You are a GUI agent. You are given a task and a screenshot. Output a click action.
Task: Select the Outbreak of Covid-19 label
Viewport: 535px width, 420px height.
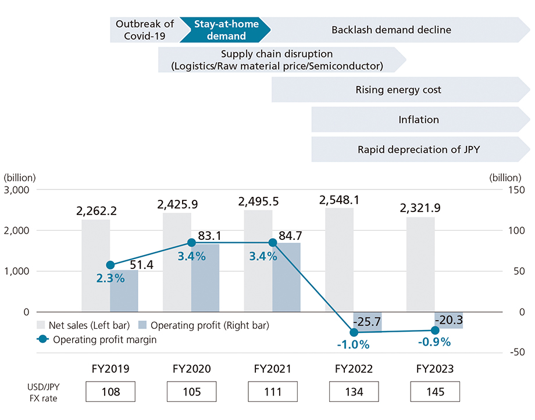144,30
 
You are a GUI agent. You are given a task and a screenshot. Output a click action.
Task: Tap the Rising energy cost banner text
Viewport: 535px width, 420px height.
398,90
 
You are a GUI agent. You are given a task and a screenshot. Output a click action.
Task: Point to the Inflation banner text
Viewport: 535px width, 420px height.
418,120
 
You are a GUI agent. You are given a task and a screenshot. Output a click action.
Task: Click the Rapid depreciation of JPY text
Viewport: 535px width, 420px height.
418,150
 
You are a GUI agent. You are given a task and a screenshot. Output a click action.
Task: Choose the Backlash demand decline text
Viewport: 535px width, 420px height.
391,30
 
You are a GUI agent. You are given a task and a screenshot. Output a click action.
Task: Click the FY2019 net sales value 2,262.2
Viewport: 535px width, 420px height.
96,211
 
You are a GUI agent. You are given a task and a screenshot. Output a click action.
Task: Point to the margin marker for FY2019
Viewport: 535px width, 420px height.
110,265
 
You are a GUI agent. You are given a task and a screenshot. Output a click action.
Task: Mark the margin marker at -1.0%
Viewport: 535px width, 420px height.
354,332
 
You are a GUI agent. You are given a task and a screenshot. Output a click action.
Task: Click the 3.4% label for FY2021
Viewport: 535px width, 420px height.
262,256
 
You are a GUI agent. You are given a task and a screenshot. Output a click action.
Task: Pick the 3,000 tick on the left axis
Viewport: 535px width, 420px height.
19,190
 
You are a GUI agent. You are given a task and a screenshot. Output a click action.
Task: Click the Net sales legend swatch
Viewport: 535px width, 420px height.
41,325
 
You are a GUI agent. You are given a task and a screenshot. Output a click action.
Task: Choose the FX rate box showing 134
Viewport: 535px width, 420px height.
354,392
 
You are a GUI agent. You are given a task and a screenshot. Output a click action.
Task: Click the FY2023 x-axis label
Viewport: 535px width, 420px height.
434,369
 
